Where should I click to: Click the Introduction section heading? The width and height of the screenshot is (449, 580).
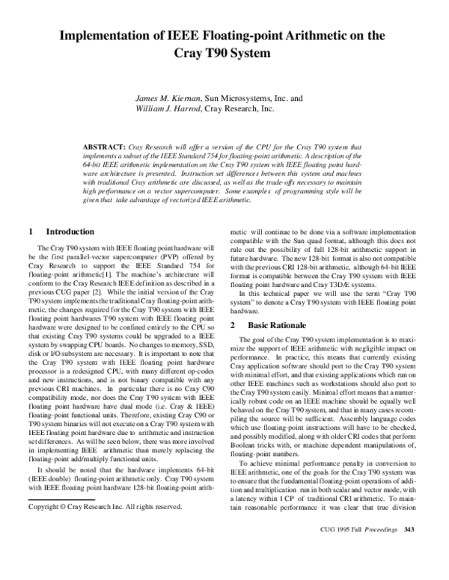click(70, 232)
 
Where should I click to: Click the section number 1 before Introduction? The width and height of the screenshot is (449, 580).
click(29, 232)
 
